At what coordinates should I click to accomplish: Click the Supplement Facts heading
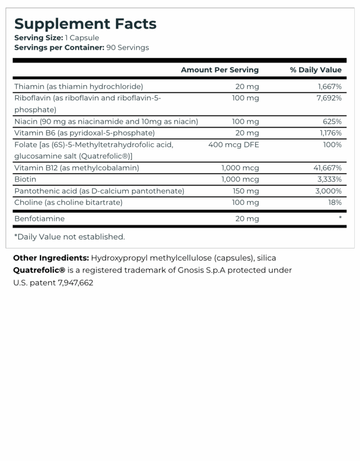click(x=85, y=23)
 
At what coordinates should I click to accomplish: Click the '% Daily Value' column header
click(x=315, y=70)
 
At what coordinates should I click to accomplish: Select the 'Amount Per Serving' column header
click(x=219, y=70)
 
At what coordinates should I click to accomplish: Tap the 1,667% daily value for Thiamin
click(x=329, y=86)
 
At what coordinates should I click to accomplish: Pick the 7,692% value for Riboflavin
click(x=329, y=98)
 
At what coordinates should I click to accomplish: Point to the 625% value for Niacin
click(x=332, y=121)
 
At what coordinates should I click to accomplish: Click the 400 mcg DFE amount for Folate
click(x=233, y=144)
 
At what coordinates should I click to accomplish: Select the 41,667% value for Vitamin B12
click(x=327, y=167)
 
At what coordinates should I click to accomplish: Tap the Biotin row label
click(x=25, y=179)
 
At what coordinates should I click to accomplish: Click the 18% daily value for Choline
click(x=335, y=202)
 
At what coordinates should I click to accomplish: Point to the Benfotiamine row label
click(x=39, y=219)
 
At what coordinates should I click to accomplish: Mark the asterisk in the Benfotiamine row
click(x=340, y=219)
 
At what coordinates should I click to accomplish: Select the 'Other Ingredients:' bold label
click(x=51, y=258)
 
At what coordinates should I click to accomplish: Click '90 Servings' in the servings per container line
click(x=127, y=47)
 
